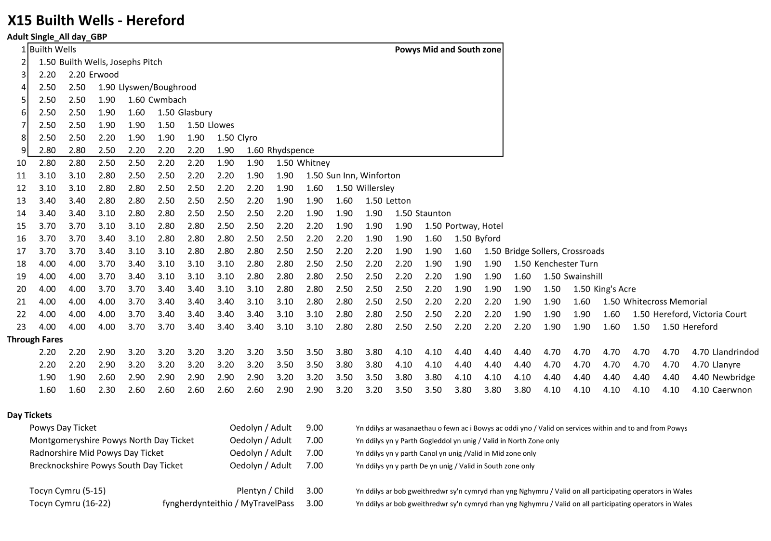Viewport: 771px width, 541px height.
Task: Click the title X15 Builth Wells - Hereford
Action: click(96, 20)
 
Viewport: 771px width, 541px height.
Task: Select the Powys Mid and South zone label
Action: click(448, 50)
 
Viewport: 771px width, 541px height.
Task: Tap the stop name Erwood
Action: click(104, 75)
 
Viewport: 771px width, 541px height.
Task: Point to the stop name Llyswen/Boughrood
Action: click(157, 87)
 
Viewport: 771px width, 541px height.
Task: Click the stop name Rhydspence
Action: click(290, 150)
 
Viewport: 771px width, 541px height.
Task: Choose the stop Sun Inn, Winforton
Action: click(363, 175)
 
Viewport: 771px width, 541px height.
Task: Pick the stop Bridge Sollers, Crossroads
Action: click(554, 251)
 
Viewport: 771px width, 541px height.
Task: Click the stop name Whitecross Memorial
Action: click(665, 302)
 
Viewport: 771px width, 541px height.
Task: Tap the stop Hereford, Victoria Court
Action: click(700, 314)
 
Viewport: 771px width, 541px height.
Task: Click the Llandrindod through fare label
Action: click(735, 352)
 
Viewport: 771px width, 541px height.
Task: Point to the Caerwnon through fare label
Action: click(732, 390)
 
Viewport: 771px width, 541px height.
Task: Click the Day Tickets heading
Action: click(29, 415)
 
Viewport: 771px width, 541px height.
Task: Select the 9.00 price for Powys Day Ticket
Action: click(314, 428)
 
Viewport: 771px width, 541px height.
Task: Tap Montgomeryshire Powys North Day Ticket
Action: click(111, 440)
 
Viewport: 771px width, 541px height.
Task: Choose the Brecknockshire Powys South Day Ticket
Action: click(106, 465)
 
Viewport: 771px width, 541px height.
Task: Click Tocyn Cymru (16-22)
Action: click(70, 503)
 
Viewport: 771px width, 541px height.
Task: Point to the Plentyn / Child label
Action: click(265, 491)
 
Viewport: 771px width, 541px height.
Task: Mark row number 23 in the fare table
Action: click(21, 327)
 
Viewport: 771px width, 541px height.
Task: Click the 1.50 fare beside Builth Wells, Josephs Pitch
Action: click(47, 62)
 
